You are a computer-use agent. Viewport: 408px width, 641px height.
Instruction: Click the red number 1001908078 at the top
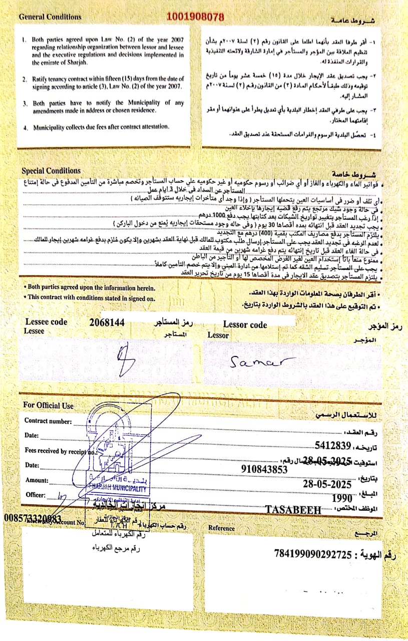tap(195, 17)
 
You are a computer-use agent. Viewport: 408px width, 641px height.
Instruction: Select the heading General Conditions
tap(50, 17)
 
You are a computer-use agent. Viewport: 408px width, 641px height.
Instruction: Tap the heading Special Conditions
tap(51, 170)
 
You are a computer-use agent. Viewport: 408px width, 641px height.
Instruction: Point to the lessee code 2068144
tap(107, 322)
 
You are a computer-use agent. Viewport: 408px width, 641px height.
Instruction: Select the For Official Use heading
tap(49, 405)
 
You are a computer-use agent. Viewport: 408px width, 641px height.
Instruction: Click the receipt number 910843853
tap(264, 469)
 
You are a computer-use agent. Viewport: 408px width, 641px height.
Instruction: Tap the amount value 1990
tap(342, 497)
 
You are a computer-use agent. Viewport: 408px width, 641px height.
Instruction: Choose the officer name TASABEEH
tap(293, 510)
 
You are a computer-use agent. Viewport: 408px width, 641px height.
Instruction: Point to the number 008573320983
tap(32, 517)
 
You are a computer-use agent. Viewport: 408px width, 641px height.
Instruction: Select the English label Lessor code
tap(245, 325)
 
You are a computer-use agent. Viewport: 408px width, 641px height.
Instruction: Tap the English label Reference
tap(221, 528)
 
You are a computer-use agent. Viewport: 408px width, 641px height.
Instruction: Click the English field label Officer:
tap(36, 495)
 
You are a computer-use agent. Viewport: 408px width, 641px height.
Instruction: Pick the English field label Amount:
tap(37, 480)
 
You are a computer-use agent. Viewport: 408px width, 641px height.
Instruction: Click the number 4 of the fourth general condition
tap(25, 128)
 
